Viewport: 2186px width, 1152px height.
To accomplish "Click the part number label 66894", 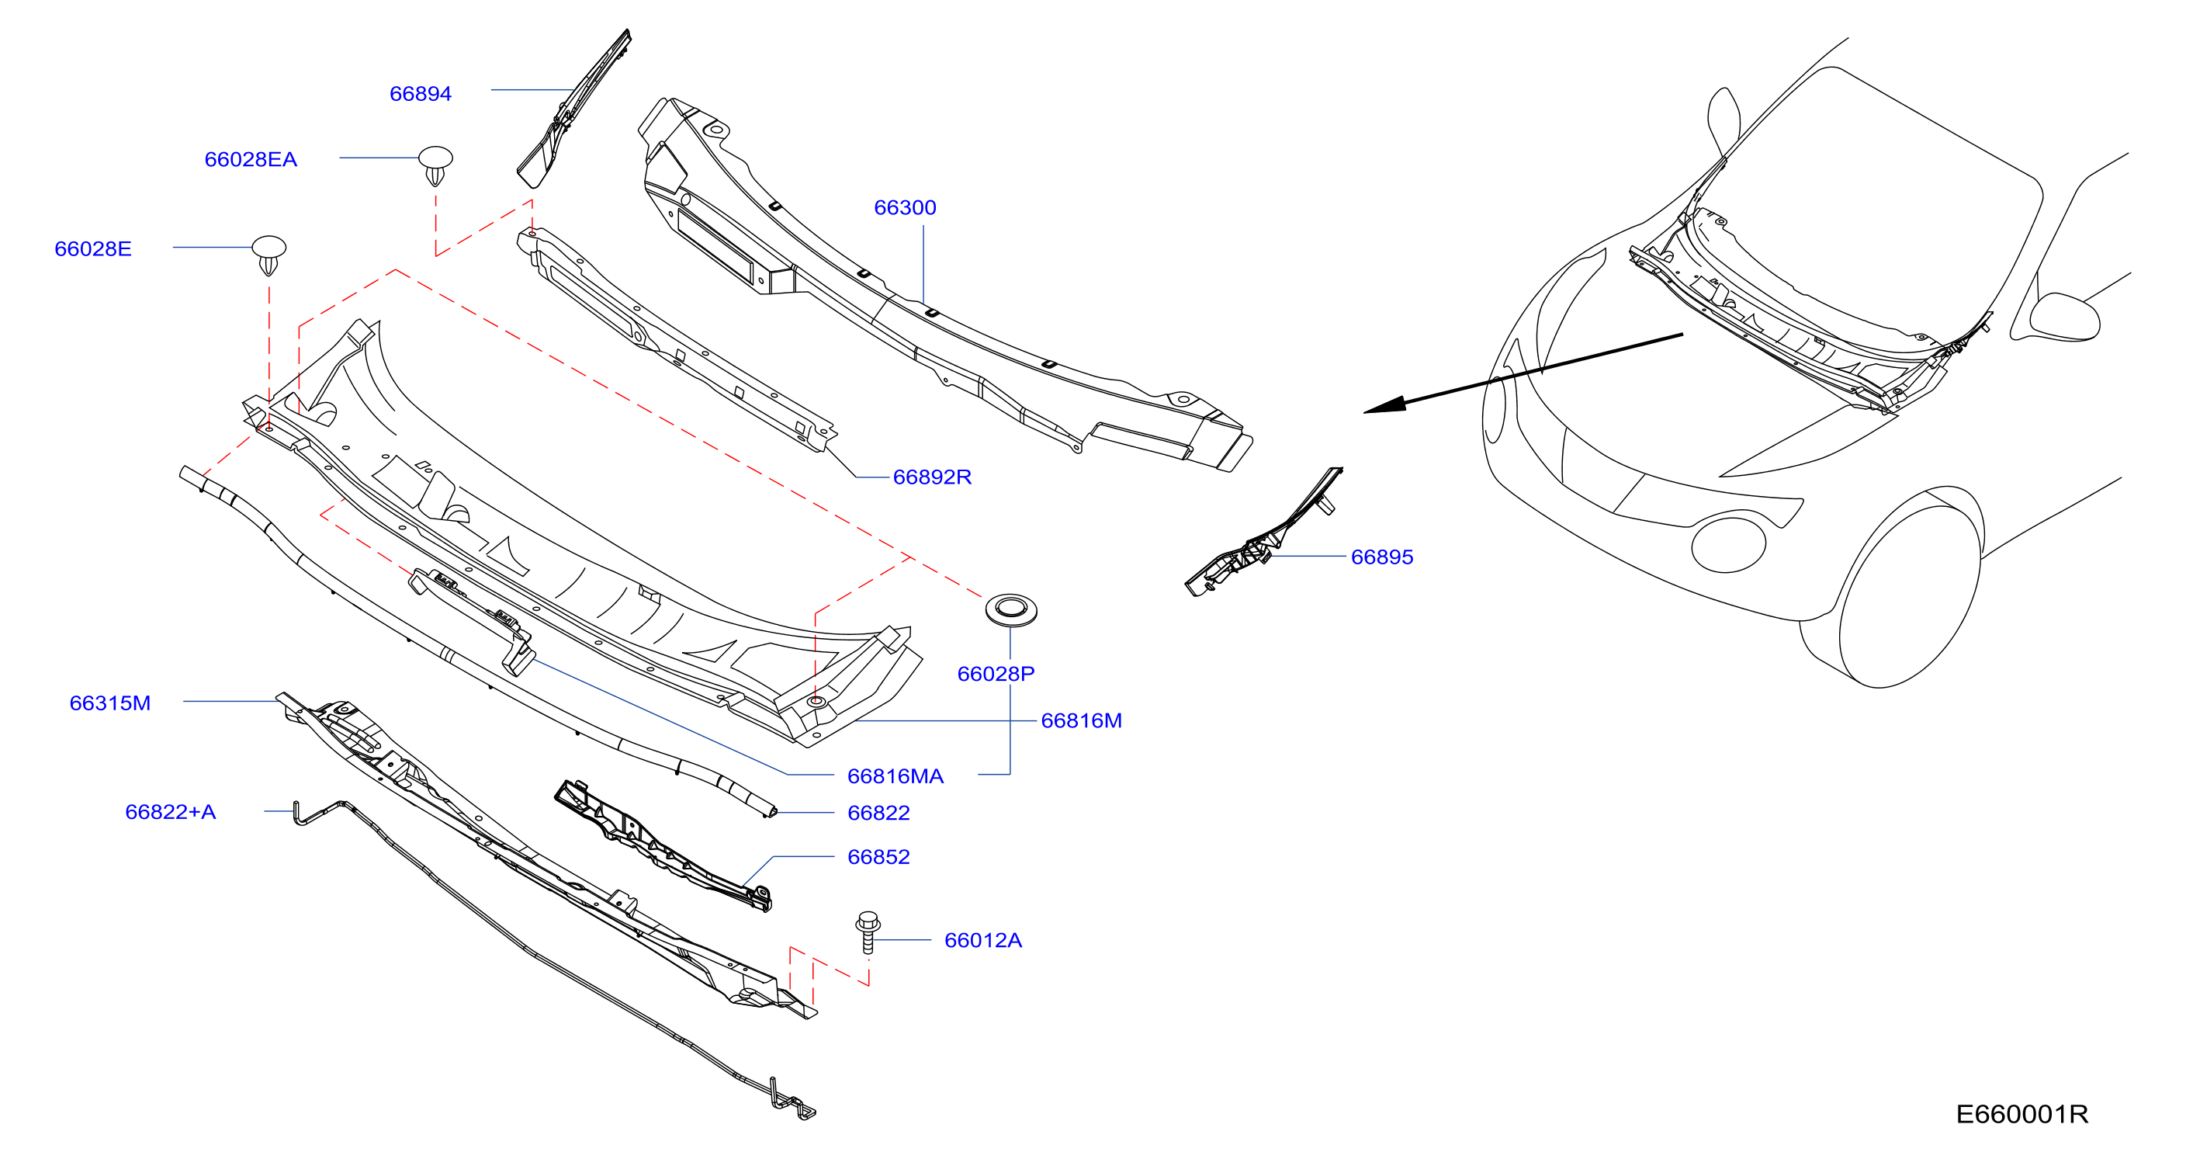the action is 420,93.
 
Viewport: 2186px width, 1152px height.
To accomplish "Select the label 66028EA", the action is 251,160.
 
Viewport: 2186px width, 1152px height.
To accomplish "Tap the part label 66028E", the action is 92,248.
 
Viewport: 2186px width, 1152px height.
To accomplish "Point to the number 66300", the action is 905,207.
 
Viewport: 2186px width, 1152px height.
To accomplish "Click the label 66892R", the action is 932,477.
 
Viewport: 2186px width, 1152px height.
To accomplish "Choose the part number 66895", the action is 1381,557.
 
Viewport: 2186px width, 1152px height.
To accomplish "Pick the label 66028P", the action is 996,674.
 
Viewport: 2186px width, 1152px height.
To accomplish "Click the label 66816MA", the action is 896,776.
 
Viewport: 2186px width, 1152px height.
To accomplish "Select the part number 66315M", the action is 109,703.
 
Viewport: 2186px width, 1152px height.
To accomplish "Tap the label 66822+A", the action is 170,811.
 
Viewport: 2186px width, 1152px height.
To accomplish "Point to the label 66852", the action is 878,856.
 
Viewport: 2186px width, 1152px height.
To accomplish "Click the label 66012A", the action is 982,941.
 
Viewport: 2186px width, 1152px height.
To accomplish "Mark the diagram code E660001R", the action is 2021,1114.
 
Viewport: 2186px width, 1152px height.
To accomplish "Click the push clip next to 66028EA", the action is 435,165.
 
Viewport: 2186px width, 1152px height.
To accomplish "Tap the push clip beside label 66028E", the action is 269,255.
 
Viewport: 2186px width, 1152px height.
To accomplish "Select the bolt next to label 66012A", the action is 868,932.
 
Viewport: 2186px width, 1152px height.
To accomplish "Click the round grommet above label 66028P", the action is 1010,609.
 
